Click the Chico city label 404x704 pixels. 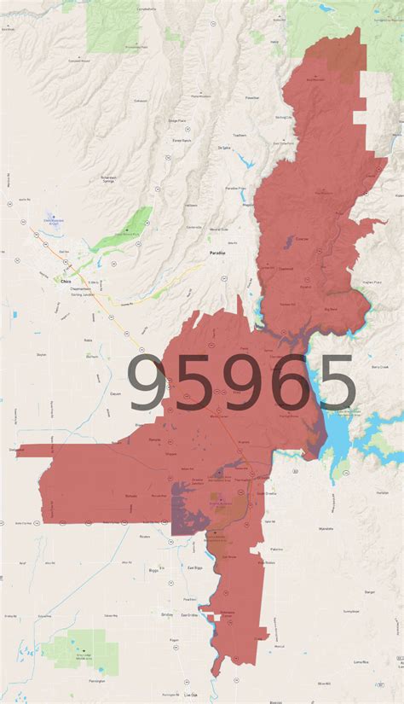tap(66, 280)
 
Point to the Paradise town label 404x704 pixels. tap(218, 253)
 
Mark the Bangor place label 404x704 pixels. tap(369, 591)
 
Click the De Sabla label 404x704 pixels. tap(225, 148)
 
